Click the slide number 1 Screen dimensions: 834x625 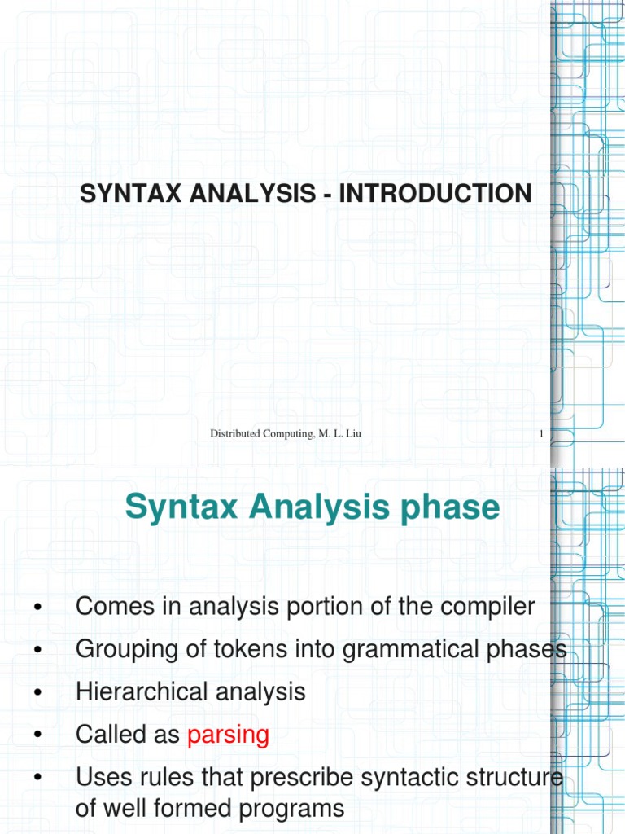541,435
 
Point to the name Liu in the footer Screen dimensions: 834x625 353,435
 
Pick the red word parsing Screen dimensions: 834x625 228,735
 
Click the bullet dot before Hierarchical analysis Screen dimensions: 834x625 37,693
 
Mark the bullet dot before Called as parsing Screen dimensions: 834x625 37,735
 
